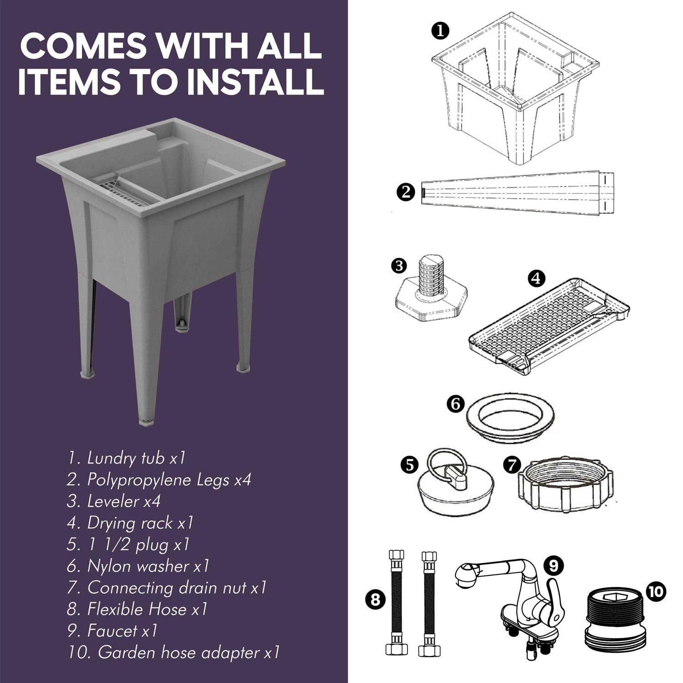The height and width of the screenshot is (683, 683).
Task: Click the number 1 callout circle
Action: pyautogui.click(x=440, y=31)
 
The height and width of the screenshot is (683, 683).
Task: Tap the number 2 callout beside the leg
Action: pyautogui.click(x=406, y=192)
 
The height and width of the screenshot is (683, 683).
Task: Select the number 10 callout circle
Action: pyautogui.click(x=656, y=591)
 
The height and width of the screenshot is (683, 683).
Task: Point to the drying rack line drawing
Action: pyautogui.click(x=549, y=326)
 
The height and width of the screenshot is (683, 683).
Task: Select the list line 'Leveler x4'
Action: pyautogui.click(x=113, y=501)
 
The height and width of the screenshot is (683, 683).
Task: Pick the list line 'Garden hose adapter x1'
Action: pyautogui.click(x=173, y=652)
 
